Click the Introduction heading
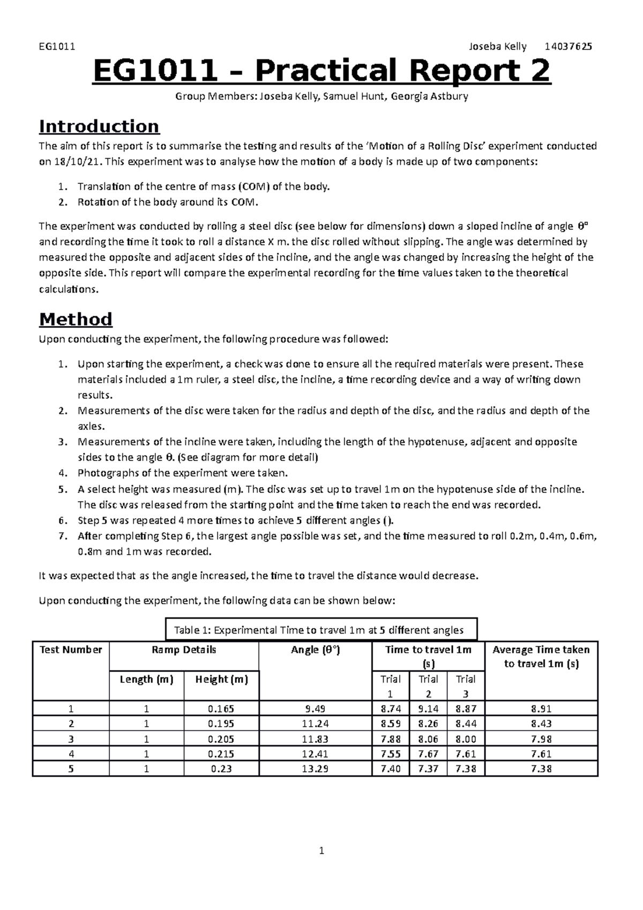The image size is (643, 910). coord(99,126)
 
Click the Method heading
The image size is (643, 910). coord(76,319)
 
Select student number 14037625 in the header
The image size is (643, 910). coord(568,47)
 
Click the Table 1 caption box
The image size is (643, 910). coord(319,630)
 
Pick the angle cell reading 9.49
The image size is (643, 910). coord(315,708)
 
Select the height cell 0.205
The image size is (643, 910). coord(221,739)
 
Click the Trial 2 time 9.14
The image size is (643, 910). coord(428,708)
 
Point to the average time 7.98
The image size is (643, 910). coord(541,739)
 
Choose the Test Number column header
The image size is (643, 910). coord(71,650)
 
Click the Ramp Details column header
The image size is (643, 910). coord(184,650)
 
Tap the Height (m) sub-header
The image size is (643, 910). coord(221,680)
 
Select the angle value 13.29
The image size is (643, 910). coord(315,769)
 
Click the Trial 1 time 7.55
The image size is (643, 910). coord(391,754)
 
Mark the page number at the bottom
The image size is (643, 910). coord(322,851)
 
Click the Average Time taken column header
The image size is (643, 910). coord(541,657)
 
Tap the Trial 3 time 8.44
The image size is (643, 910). coord(465,723)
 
